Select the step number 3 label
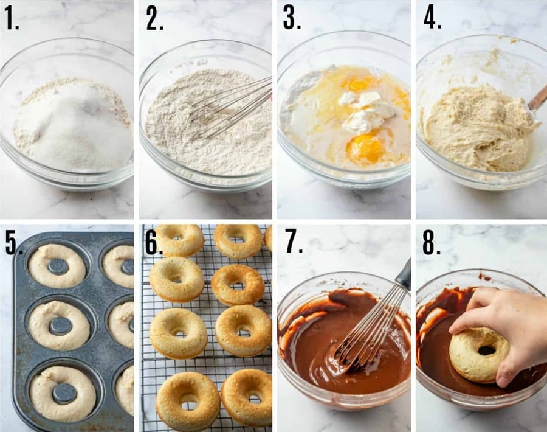tap(292, 18)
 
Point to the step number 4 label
tap(432, 18)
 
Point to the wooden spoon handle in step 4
tap(537, 98)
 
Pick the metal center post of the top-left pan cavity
tap(58, 267)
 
